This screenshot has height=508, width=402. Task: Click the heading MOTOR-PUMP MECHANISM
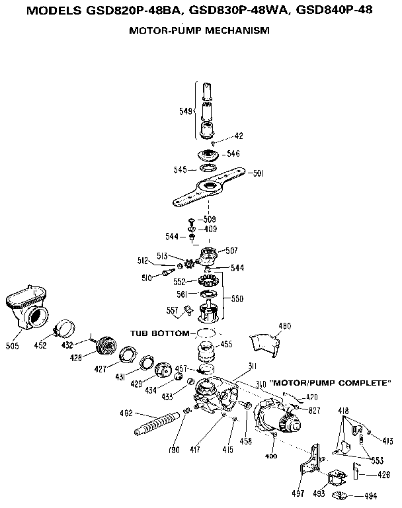click(199, 30)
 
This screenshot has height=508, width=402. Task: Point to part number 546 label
click(233, 153)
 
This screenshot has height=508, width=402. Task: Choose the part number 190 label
click(174, 450)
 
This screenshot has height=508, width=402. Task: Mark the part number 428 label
click(77, 357)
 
